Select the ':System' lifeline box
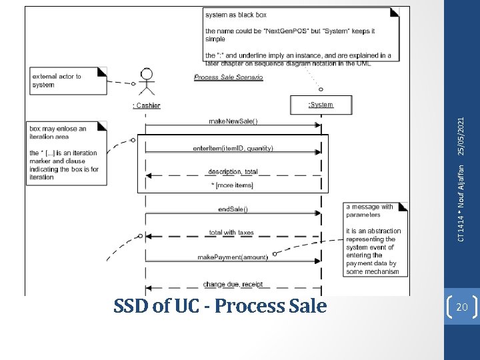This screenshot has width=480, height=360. [321, 105]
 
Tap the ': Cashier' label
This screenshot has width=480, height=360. [146, 105]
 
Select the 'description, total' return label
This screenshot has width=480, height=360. [233, 171]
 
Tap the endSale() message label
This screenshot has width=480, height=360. [233, 209]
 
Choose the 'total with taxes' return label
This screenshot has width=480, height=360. [231, 233]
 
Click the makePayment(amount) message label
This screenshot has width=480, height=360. [233, 257]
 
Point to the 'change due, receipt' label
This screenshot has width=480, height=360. [233, 284]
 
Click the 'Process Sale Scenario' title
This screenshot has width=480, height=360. [228, 77]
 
